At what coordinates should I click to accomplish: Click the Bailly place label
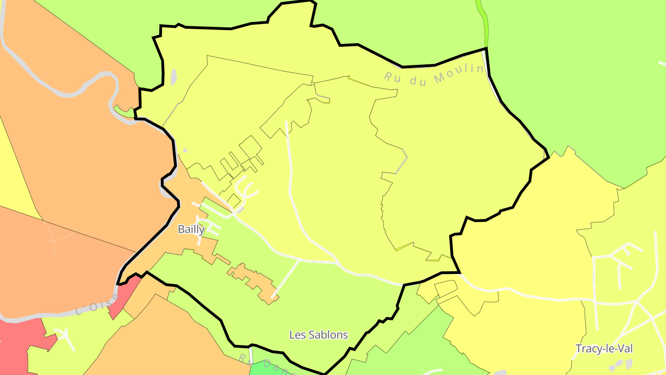click(x=191, y=229)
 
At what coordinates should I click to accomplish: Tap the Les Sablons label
click(x=318, y=335)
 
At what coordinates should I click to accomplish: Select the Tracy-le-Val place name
click(x=604, y=349)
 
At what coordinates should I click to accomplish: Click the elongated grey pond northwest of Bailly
click(x=173, y=77)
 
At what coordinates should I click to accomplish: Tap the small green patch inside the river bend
click(x=123, y=111)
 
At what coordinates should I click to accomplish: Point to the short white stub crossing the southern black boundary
click(x=251, y=352)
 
